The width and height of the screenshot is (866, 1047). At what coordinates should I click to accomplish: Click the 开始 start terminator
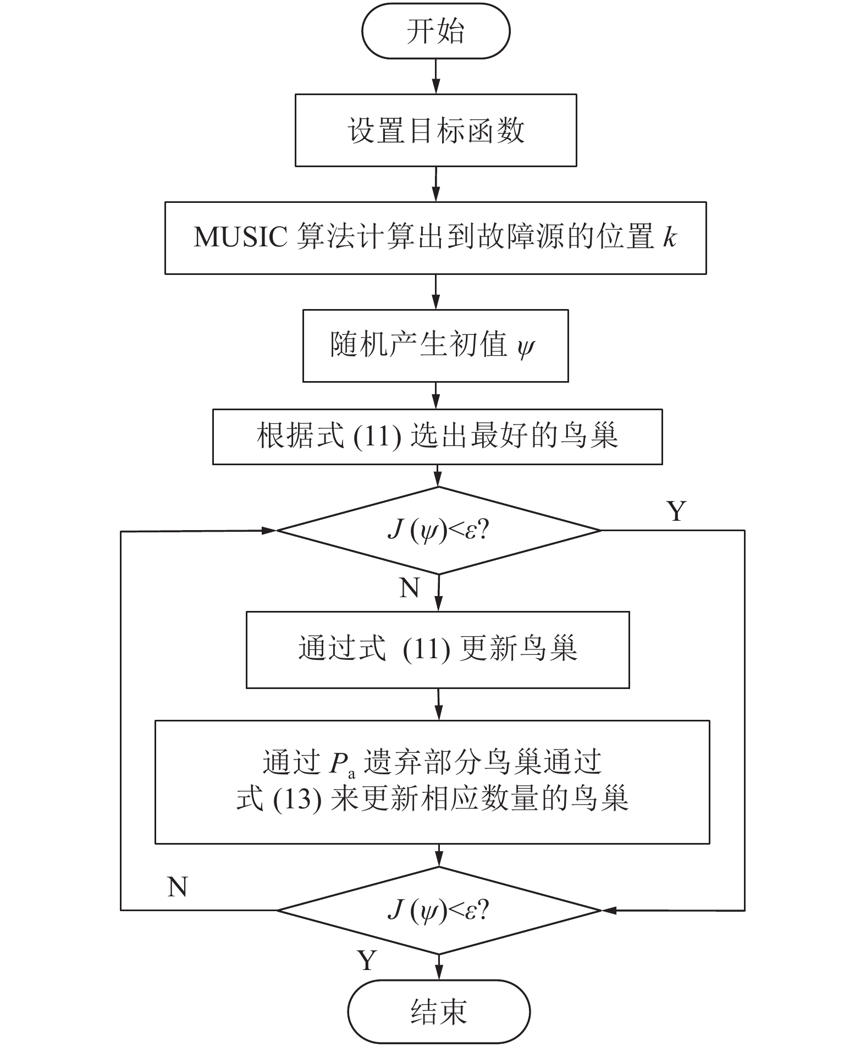tap(435, 31)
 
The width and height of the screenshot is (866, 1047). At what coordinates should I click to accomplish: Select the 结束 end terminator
tap(439, 1011)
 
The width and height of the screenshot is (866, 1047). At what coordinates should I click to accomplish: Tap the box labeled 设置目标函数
tap(435, 130)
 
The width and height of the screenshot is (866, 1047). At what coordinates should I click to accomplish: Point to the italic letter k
tap(669, 238)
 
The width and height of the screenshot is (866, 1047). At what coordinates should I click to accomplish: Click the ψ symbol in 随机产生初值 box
tap(526, 346)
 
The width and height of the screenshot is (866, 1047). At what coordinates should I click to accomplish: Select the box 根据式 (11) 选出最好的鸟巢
tap(437, 437)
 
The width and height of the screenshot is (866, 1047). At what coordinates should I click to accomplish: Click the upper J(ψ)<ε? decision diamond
tap(438, 531)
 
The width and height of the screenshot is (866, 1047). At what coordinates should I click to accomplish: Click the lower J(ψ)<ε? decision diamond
tap(438, 911)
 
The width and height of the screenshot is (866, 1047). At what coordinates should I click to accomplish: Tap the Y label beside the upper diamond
tap(676, 511)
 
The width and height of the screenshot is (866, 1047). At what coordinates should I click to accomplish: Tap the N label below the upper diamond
tap(410, 588)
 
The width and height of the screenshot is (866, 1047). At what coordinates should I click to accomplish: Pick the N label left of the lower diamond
tap(177, 887)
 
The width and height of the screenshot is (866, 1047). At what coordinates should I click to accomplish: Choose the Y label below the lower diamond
tap(367, 960)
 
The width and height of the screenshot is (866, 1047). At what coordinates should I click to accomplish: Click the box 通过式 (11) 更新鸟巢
tap(437, 649)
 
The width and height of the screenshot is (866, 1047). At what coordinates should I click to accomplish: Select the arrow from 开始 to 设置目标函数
tap(435, 76)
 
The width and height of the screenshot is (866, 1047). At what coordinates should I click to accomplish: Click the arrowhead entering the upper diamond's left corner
tap(269, 531)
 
